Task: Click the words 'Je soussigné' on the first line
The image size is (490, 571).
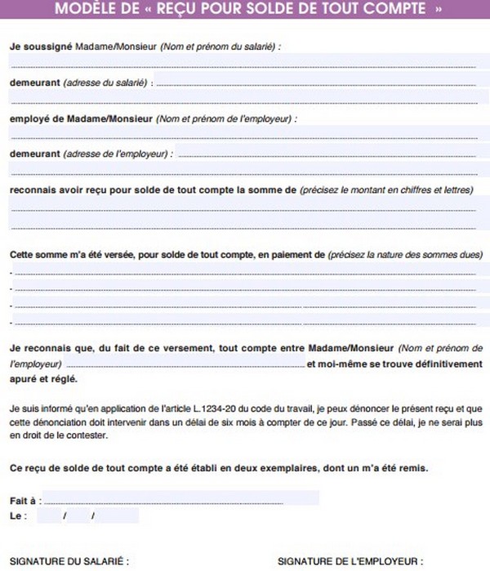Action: tap(40, 47)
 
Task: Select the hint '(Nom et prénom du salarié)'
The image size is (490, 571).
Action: tap(220, 47)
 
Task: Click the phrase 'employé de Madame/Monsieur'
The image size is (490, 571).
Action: tap(81, 118)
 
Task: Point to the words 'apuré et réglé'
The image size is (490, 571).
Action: tap(44, 379)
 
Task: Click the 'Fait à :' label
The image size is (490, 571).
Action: tap(25, 499)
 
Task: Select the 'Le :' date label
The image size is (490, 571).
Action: tap(19, 516)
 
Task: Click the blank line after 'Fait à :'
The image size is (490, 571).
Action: tap(163, 499)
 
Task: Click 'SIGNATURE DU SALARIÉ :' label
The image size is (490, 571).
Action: tap(69, 562)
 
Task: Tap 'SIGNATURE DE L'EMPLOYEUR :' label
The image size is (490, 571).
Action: tap(350, 562)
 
